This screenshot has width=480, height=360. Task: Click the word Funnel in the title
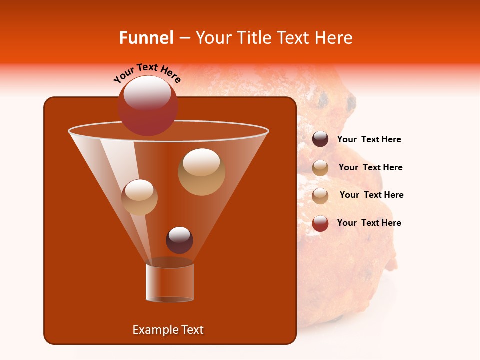point(146,38)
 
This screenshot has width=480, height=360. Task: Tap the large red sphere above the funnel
point(147,106)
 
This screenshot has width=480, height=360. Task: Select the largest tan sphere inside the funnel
point(201,172)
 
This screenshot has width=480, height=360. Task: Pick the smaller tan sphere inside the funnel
point(139,197)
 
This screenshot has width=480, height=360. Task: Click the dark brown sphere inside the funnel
point(179,240)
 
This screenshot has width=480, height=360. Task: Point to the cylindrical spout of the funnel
point(170,282)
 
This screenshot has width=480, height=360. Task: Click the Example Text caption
point(168,330)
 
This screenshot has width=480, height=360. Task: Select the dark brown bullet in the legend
point(320,139)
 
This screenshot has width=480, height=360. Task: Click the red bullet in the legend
point(320,223)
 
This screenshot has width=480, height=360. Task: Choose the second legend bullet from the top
point(320,168)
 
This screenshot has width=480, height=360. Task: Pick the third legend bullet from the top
point(320,195)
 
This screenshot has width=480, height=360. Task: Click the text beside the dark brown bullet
point(369,140)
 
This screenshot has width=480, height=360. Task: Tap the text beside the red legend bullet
point(369,223)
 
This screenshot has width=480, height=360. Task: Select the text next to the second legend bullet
point(370,168)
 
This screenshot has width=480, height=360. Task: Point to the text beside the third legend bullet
point(371,195)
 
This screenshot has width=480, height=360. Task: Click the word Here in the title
point(333,38)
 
